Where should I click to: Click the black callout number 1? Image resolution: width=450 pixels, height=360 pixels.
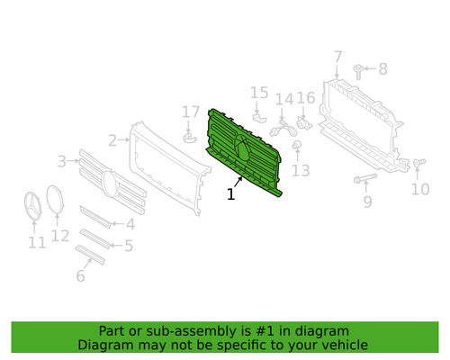click(230, 194)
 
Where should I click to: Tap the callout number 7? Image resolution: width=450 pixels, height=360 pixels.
click(337, 57)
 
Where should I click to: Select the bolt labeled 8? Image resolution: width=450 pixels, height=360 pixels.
click(358, 72)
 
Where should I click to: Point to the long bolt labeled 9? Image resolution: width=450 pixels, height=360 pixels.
click(365, 177)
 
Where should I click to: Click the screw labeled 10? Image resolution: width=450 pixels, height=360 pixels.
click(419, 163)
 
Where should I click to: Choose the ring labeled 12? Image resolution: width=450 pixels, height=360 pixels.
click(55, 200)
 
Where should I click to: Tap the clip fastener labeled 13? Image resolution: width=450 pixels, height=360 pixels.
click(296, 145)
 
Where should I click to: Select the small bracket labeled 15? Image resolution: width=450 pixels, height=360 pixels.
click(259, 118)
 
